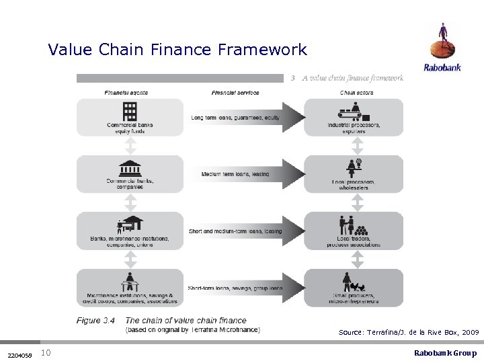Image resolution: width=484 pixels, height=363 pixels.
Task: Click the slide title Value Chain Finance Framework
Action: click(x=177, y=50)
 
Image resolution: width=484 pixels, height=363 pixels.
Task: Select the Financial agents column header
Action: click(x=126, y=92)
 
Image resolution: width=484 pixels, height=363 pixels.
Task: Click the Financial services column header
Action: click(x=235, y=92)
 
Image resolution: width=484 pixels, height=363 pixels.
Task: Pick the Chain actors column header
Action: click(x=357, y=92)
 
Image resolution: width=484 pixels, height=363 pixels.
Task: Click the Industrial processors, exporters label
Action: click(x=354, y=128)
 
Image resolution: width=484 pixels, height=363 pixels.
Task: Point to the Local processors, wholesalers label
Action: click(x=354, y=185)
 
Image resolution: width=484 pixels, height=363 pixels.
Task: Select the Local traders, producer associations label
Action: click(x=354, y=242)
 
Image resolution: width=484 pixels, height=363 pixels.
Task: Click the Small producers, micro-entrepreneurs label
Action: click(x=354, y=298)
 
